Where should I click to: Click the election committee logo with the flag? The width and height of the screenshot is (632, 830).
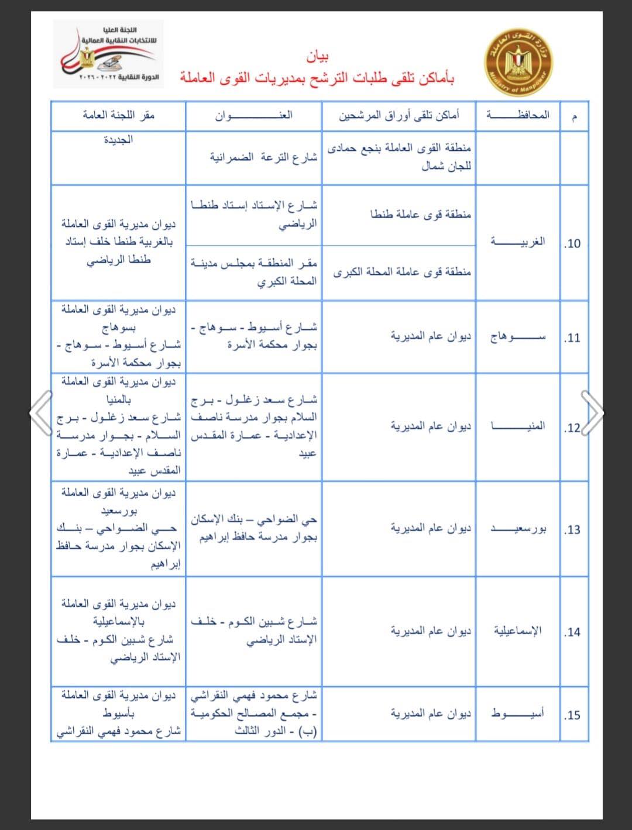click(x=108, y=54)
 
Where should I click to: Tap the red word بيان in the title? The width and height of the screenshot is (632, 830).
click(x=317, y=57)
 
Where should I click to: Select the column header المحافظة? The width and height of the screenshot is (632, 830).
click(x=518, y=115)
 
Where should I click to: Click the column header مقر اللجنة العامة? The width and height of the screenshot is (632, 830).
click(x=118, y=115)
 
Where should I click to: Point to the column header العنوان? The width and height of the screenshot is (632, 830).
click(x=253, y=115)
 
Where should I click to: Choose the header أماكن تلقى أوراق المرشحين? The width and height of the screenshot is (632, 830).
click(x=399, y=115)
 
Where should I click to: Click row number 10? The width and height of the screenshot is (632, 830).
click(x=572, y=243)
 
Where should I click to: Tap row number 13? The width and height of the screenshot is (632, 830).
click(x=572, y=530)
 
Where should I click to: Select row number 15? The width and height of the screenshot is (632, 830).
click(x=572, y=715)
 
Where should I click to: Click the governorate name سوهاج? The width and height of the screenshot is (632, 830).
click(x=518, y=337)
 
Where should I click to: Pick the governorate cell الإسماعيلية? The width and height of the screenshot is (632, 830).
click(x=518, y=631)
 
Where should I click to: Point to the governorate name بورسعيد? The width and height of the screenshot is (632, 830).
click(x=518, y=529)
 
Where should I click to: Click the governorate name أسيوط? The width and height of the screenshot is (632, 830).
click(x=518, y=714)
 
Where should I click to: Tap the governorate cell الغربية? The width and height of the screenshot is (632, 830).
click(x=518, y=241)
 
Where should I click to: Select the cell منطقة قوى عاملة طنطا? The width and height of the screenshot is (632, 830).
click(x=420, y=215)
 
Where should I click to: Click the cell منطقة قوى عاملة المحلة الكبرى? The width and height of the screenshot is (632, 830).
click(x=402, y=272)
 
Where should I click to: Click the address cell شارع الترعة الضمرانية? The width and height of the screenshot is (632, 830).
click(x=263, y=157)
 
